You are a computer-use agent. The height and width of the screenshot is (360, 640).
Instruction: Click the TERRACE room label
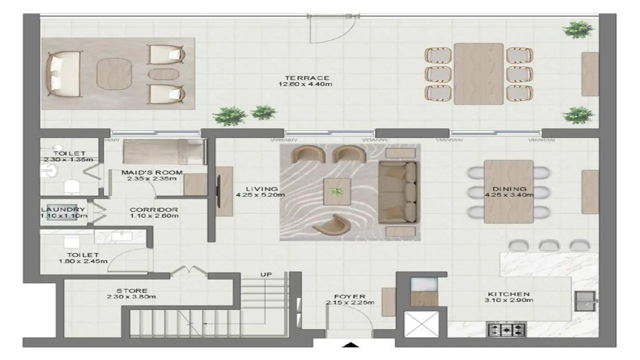(x=307, y=77)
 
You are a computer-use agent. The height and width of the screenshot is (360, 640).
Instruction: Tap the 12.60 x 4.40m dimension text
(x=305, y=84)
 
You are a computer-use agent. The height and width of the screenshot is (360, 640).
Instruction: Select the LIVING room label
(x=261, y=189)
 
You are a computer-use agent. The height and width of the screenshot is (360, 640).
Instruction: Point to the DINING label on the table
(x=509, y=189)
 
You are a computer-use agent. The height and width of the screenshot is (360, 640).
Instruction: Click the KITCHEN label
(x=508, y=294)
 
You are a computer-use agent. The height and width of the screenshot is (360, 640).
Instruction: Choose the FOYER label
(x=349, y=296)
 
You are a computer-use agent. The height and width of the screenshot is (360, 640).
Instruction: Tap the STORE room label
(x=132, y=290)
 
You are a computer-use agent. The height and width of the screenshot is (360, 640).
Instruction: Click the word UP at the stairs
(x=266, y=274)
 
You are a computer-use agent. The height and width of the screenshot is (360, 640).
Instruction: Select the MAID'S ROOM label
(x=152, y=172)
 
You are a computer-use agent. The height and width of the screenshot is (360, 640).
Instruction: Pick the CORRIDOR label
(x=154, y=209)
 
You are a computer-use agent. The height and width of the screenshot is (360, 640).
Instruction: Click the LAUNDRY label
(x=63, y=209)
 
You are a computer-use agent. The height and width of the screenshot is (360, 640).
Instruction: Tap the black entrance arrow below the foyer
(x=350, y=344)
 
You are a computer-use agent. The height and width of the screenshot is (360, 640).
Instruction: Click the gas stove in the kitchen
(x=506, y=330)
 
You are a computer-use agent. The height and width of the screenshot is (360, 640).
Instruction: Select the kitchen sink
(x=585, y=301)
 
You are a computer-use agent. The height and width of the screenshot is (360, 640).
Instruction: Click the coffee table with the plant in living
(x=337, y=191)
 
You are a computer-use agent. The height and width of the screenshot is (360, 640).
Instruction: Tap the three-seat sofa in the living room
(x=397, y=192)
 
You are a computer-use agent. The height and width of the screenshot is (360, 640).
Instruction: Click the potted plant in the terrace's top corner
(x=577, y=29)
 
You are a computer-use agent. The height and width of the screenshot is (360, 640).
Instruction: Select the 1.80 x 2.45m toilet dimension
(x=83, y=261)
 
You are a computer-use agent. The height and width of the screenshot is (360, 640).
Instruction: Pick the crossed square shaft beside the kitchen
(x=421, y=324)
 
